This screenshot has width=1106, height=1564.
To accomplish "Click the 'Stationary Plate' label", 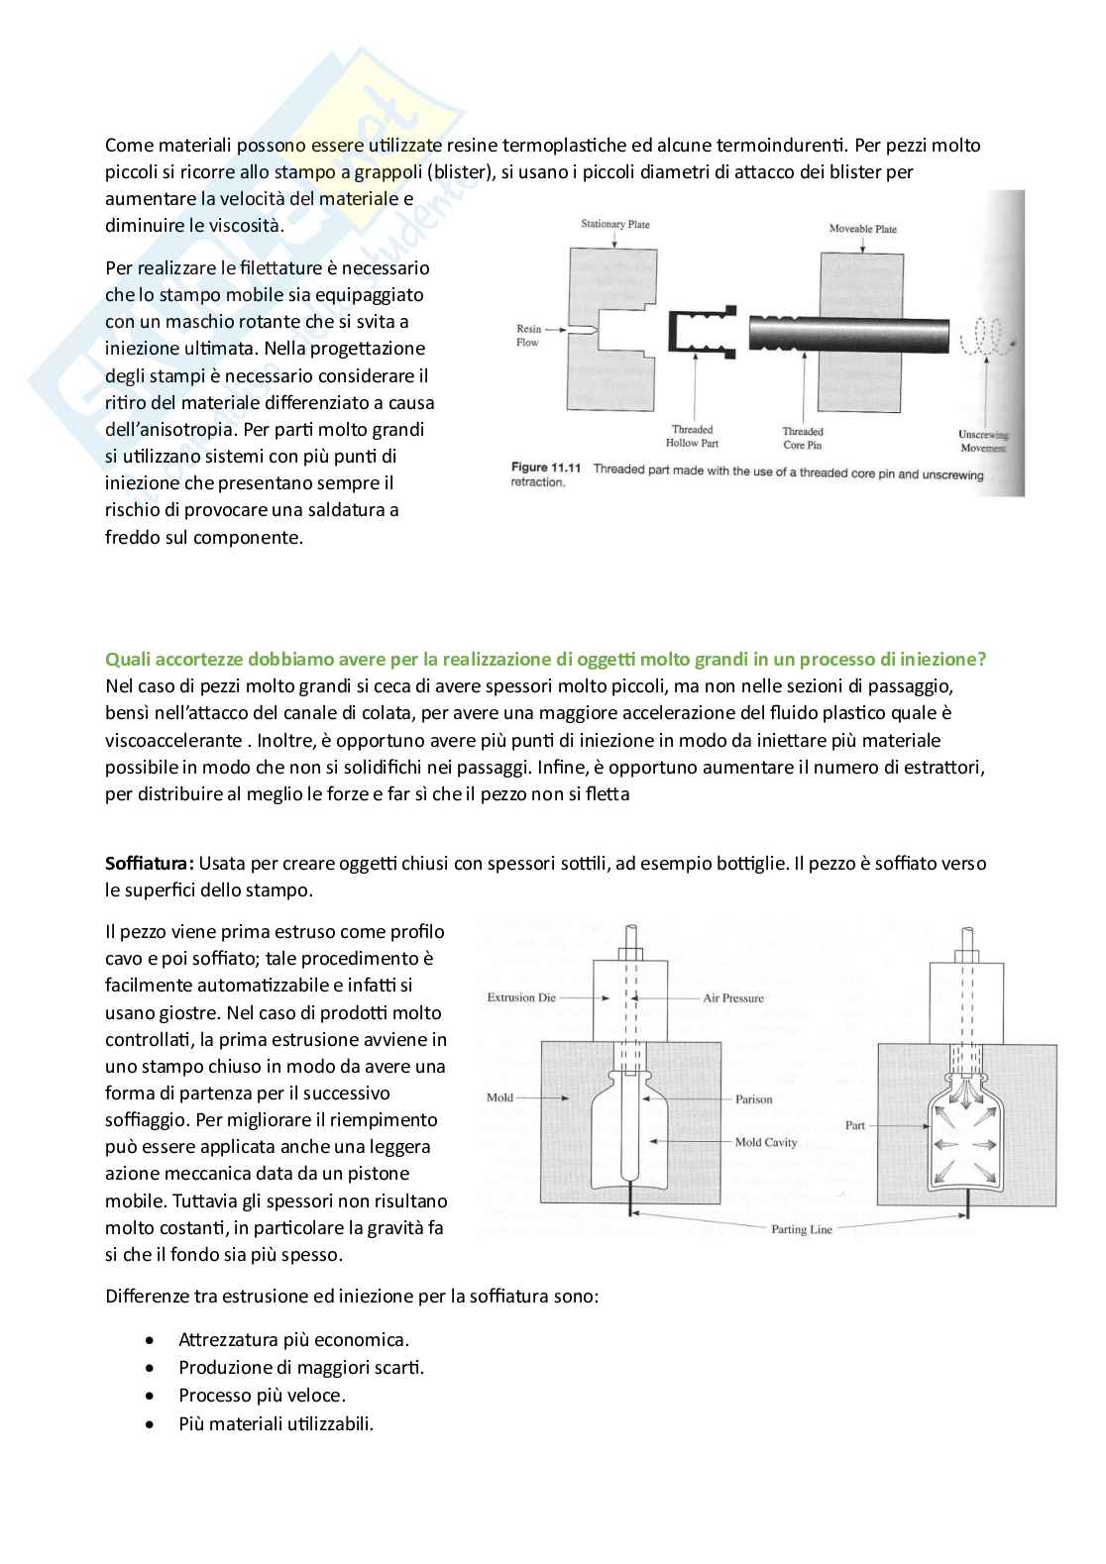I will coord(614,224).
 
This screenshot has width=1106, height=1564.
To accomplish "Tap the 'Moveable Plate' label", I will coord(862,229).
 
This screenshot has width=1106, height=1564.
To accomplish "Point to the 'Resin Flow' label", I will coord(528,336).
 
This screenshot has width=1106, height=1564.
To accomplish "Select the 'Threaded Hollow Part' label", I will coord(692,437).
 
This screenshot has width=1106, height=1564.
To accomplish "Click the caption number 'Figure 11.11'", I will coord(545,468).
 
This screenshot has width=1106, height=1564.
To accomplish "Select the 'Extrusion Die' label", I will coord(521,997).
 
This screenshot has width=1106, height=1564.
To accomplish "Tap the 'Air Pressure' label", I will coord(733,998).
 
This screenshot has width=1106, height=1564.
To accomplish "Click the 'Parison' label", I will coord(753,1099).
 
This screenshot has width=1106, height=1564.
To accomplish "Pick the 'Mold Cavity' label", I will coord(765,1142).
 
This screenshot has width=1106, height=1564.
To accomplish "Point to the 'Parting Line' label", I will coord(802,1229).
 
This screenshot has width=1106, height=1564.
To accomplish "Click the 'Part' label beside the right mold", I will coord(854,1125).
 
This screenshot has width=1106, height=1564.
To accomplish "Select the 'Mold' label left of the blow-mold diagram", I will coord(499,1097).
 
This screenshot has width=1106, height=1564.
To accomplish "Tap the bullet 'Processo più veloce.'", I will coord(262,1396).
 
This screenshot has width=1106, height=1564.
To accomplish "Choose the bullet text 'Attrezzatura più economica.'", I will coord(293,1340).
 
